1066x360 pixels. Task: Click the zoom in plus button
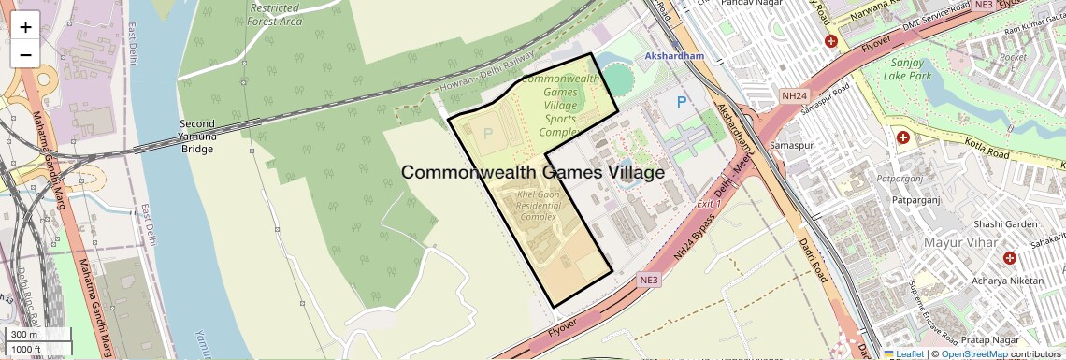point(25,27)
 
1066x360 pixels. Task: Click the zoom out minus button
point(25,54)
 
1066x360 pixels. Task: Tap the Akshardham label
point(673,56)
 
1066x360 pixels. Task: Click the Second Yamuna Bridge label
point(198,137)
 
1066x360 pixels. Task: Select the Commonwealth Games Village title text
point(533,173)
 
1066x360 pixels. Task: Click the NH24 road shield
point(793,94)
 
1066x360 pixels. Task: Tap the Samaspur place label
point(787,146)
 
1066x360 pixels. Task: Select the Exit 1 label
point(711,202)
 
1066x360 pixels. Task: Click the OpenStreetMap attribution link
point(973,353)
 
